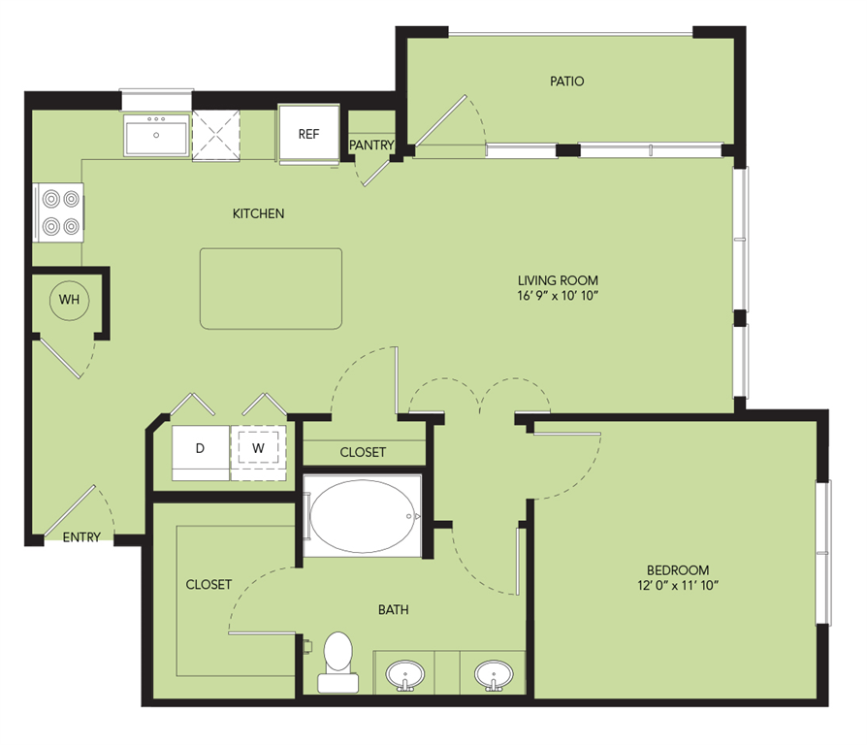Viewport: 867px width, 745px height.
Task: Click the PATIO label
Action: click(566, 81)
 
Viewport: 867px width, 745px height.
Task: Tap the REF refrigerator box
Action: click(307, 135)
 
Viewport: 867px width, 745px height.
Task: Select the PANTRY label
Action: click(372, 146)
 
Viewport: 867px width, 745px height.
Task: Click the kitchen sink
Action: click(156, 137)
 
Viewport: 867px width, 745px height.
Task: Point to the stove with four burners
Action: click(58, 212)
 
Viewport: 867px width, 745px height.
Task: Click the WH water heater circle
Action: click(69, 300)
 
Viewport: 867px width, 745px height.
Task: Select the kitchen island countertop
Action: click(272, 288)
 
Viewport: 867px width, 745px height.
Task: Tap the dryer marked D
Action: click(200, 449)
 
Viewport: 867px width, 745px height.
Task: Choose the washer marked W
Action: click(259, 448)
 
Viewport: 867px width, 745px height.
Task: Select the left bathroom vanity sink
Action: click(404, 673)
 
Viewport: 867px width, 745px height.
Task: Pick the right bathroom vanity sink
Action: click(493, 673)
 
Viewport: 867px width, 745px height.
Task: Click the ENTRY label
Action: click(81, 537)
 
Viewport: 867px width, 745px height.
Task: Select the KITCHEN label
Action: click(258, 213)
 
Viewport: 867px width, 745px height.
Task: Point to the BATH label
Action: click(393, 610)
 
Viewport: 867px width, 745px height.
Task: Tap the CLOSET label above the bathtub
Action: click(363, 452)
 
